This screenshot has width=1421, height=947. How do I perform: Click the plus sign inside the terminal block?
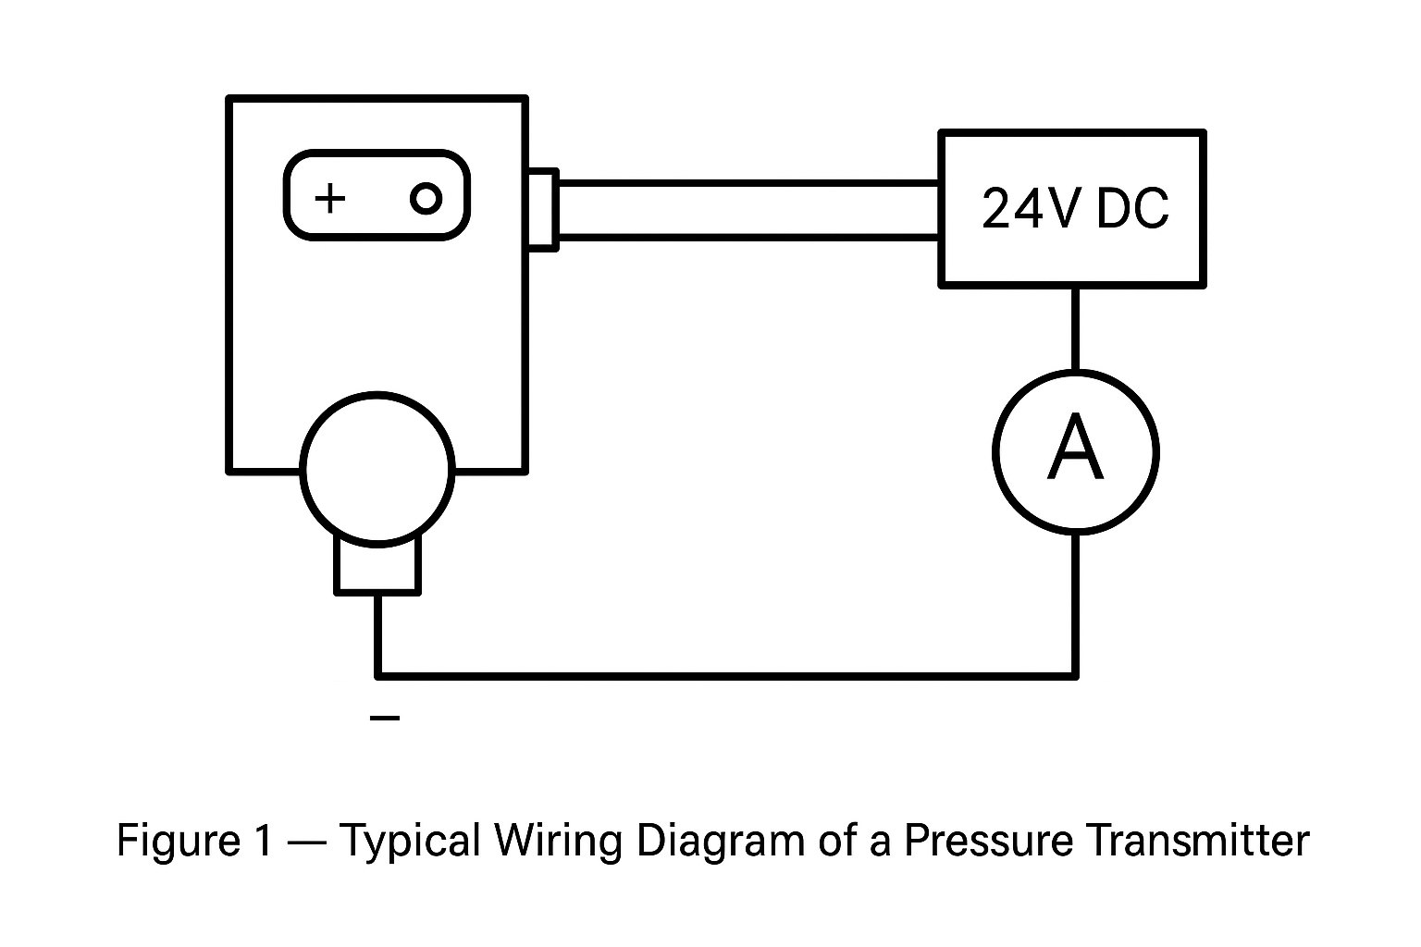coord(330,198)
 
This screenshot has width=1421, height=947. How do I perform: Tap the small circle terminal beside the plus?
coord(426,198)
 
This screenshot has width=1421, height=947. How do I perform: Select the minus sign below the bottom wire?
coord(385,718)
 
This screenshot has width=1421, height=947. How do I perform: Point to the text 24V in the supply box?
coord(1029,209)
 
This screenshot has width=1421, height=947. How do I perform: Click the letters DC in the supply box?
coord(1131,209)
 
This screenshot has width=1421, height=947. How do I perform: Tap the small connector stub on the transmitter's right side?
coord(542,209)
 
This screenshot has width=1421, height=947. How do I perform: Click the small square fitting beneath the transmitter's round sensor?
coord(377,566)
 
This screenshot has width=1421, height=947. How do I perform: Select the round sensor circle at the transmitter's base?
coord(377,468)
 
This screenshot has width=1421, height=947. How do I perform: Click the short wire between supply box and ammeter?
coord(1075,328)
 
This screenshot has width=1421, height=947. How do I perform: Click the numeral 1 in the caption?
coord(262,840)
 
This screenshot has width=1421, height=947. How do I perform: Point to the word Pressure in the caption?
coord(988,840)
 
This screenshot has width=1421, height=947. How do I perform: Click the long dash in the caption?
coord(305,840)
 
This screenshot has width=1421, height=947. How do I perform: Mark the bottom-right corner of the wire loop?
coord(1075,676)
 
